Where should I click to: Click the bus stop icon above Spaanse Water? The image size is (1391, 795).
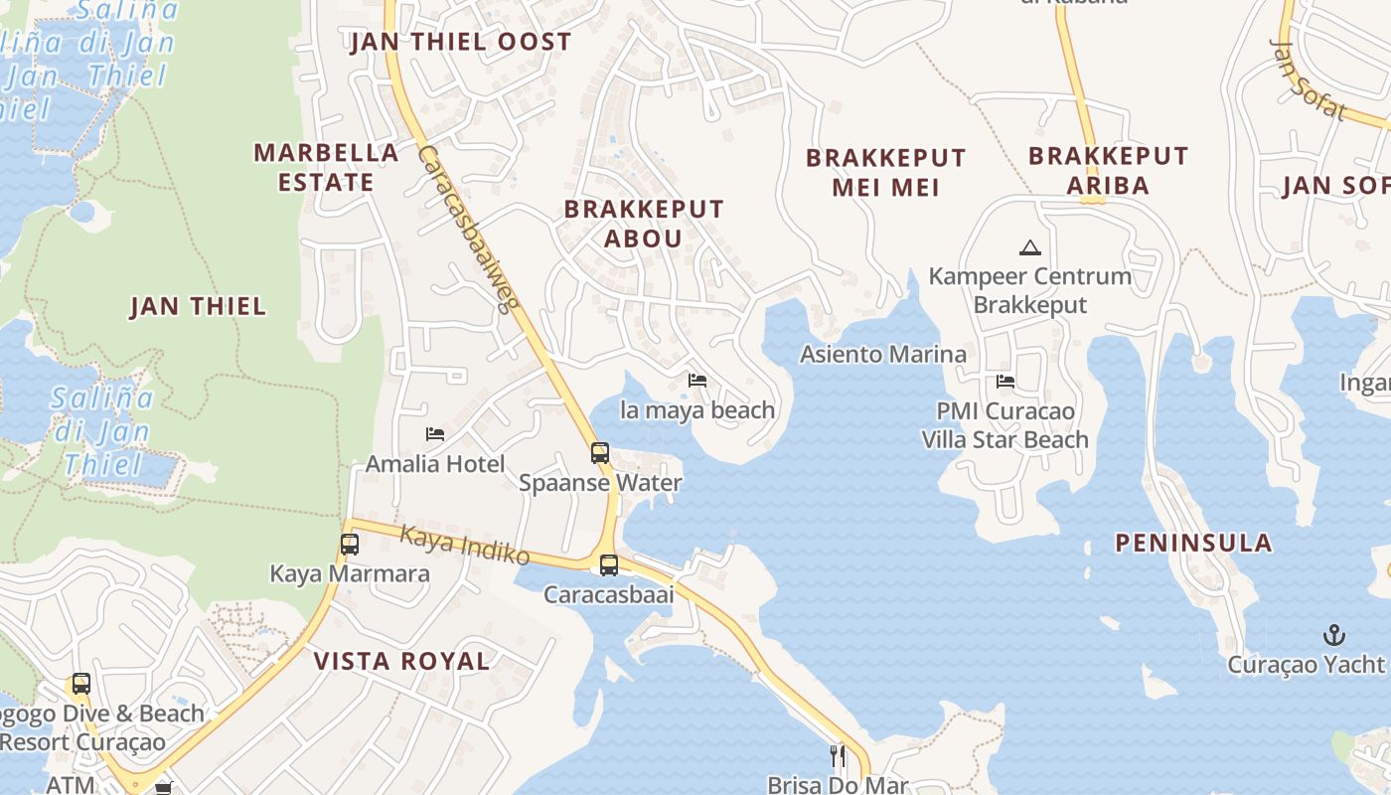pyautogui.click(x=599, y=453)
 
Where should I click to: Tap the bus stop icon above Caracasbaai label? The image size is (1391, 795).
pyautogui.click(x=608, y=565)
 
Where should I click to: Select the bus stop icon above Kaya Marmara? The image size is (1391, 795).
pyautogui.click(x=349, y=545)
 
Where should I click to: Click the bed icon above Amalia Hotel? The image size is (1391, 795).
pyautogui.click(x=434, y=434)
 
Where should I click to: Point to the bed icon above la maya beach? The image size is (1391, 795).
pyautogui.click(x=697, y=381)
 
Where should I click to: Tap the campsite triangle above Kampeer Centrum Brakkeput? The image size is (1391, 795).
pyautogui.click(x=1029, y=247)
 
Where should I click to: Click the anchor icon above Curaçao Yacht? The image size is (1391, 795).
pyautogui.click(x=1334, y=634)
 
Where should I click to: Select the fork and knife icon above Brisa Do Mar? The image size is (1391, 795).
pyautogui.click(x=838, y=756)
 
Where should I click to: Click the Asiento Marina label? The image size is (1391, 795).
pyautogui.click(x=882, y=354)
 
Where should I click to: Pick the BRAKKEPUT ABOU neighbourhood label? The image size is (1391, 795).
pyautogui.click(x=644, y=224)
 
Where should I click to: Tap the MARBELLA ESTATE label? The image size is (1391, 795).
pyautogui.click(x=326, y=167)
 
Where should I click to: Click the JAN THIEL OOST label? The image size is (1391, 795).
pyautogui.click(x=461, y=42)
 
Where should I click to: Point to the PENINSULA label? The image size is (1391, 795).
pyautogui.click(x=1193, y=543)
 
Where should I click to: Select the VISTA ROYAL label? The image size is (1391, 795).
pyautogui.click(x=401, y=661)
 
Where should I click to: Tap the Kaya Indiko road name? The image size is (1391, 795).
pyautogui.click(x=464, y=546)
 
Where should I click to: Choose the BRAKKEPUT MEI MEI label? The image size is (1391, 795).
pyautogui.click(x=885, y=172)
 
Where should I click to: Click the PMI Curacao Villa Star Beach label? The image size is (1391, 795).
pyautogui.click(x=1005, y=425)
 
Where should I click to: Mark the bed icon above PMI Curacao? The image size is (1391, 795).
pyautogui.click(x=1005, y=381)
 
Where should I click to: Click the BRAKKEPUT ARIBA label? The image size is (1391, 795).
pyautogui.click(x=1108, y=170)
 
